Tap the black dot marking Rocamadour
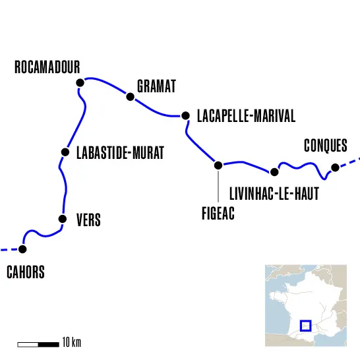[80, 82]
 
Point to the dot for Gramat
[131, 97]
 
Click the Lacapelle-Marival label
[246, 117]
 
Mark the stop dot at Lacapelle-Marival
[185, 116]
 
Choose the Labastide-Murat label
[119, 154]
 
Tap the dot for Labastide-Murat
[65, 152]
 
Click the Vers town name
[88, 220]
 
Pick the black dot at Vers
[63, 219]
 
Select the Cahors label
[26, 272]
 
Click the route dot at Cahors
[23, 249]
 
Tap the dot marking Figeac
[218, 165]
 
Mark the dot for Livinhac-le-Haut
[275, 172]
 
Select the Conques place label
[325, 146]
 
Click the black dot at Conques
[335, 167]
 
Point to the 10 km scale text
[71, 343]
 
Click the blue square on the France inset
[305, 325]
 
